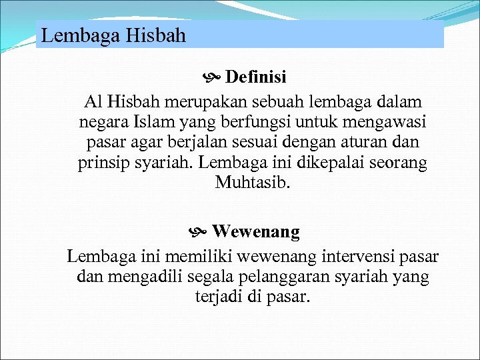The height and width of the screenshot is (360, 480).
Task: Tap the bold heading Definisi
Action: point(256,77)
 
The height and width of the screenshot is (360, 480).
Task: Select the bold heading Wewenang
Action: point(256,232)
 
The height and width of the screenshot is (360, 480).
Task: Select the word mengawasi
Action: point(379,123)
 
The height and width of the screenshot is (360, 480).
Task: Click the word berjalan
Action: point(187,143)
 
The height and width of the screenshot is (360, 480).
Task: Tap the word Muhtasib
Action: point(253,183)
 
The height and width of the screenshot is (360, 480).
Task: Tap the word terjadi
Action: point(217,297)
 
